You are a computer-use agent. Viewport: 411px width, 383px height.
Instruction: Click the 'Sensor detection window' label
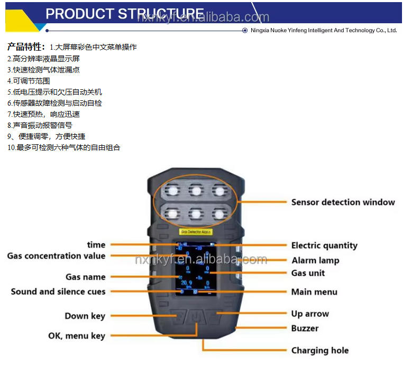click(x=343, y=202)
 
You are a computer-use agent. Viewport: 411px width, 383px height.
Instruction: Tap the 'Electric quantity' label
click(x=324, y=246)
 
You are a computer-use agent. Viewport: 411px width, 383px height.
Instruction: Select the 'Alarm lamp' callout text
click(x=315, y=260)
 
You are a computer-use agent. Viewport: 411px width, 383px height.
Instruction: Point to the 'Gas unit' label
click(x=308, y=273)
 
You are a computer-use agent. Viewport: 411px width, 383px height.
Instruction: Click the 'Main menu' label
click(x=314, y=292)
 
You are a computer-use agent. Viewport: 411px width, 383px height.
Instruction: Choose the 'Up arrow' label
click(x=309, y=314)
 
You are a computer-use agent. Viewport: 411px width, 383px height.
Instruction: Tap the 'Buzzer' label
click(x=305, y=328)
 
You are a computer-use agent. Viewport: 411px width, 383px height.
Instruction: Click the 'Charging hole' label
click(x=319, y=350)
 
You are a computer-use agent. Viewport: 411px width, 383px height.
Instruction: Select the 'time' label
click(x=96, y=245)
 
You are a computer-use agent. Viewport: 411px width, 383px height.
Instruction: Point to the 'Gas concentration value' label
click(x=56, y=256)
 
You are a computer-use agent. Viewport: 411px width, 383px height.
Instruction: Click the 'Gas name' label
click(x=85, y=277)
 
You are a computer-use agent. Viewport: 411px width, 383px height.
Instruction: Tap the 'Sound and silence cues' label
click(x=58, y=292)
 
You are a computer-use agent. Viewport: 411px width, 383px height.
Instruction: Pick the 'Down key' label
click(x=85, y=316)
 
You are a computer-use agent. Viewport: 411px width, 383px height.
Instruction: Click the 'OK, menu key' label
click(x=77, y=336)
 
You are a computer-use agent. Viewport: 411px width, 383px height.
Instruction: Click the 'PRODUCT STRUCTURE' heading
click(x=124, y=14)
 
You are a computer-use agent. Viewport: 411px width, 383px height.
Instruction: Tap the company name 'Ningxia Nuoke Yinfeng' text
click(x=323, y=31)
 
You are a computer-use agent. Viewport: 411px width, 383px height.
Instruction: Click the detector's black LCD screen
click(x=195, y=267)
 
